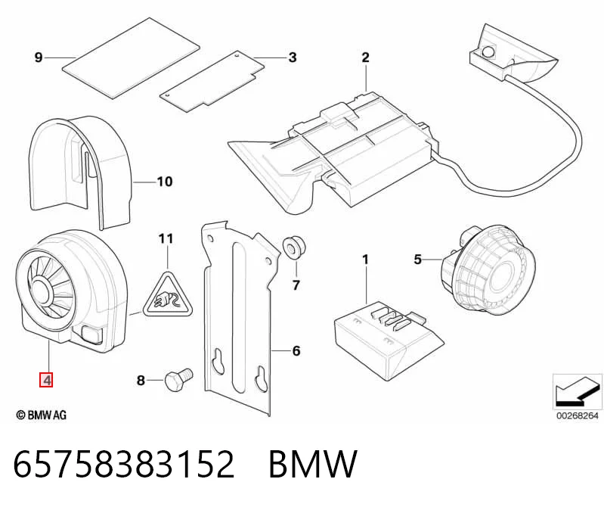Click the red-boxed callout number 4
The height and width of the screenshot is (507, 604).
click(x=46, y=380)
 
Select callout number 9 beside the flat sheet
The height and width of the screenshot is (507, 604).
click(x=39, y=58)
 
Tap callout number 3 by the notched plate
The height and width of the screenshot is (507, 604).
click(x=293, y=58)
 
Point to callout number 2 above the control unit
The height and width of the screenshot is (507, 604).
click(x=365, y=58)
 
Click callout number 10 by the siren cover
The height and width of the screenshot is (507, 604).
click(x=165, y=181)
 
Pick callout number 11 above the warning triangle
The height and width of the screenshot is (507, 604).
click(x=166, y=238)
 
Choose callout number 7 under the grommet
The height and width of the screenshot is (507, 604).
click(x=296, y=285)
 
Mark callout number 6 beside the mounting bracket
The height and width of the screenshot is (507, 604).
click(x=296, y=351)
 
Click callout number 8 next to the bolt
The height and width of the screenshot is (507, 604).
click(x=141, y=380)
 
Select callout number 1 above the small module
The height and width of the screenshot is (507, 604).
click(x=365, y=260)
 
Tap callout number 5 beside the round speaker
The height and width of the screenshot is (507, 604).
click(x=418, y=260)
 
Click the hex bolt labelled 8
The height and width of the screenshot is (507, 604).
click(x=178, y=378)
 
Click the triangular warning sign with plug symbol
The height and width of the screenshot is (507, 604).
click(x=168, y=297)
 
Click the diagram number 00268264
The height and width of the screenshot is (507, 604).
click(x=577, y=415)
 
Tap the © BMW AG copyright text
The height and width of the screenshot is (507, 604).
click(x=42, y=415)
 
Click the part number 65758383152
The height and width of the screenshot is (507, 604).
click(x=124, y=464)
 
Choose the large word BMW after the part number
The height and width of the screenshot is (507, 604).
click(x=313, y=464)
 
